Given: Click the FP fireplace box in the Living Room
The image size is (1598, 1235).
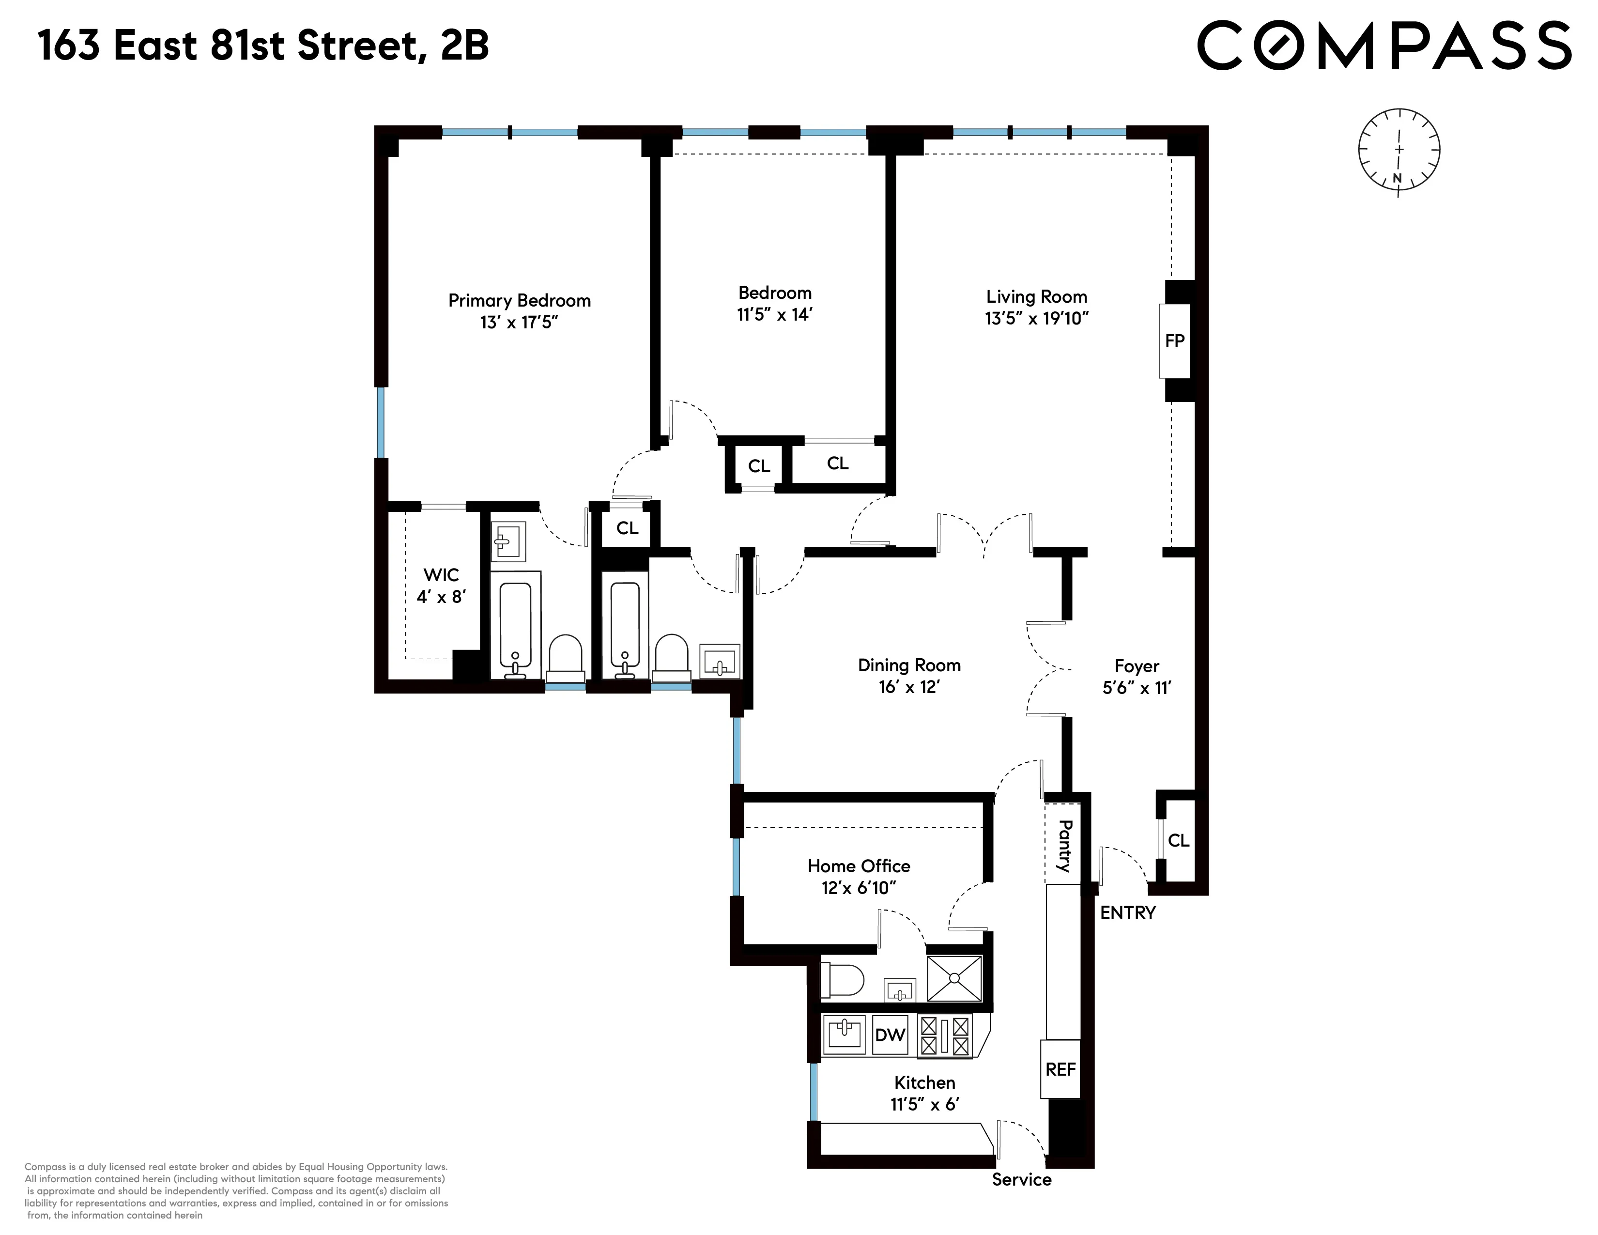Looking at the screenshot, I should [1174, 341].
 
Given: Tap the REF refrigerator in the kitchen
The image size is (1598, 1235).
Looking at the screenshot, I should [1060, 1069].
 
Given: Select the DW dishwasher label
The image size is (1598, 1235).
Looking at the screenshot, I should [890, 1034].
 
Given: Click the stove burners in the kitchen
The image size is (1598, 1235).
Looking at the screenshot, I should [945, 1035].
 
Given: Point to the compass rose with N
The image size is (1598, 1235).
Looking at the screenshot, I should [1399, 152].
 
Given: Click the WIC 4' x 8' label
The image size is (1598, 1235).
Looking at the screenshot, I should [441, 586].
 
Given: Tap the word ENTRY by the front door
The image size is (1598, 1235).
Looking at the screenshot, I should [1127, 912].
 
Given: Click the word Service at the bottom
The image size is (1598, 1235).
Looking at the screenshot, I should [1021, 1179].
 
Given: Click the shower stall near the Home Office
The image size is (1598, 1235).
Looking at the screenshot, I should [954, 978].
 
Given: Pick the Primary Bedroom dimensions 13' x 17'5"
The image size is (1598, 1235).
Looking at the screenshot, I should [519, 323].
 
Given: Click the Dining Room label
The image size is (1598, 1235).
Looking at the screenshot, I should [909, 665].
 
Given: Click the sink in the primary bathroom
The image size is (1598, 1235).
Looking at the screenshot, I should [507, 541].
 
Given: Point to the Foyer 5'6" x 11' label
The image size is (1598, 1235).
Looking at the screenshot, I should [1137, 677].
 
